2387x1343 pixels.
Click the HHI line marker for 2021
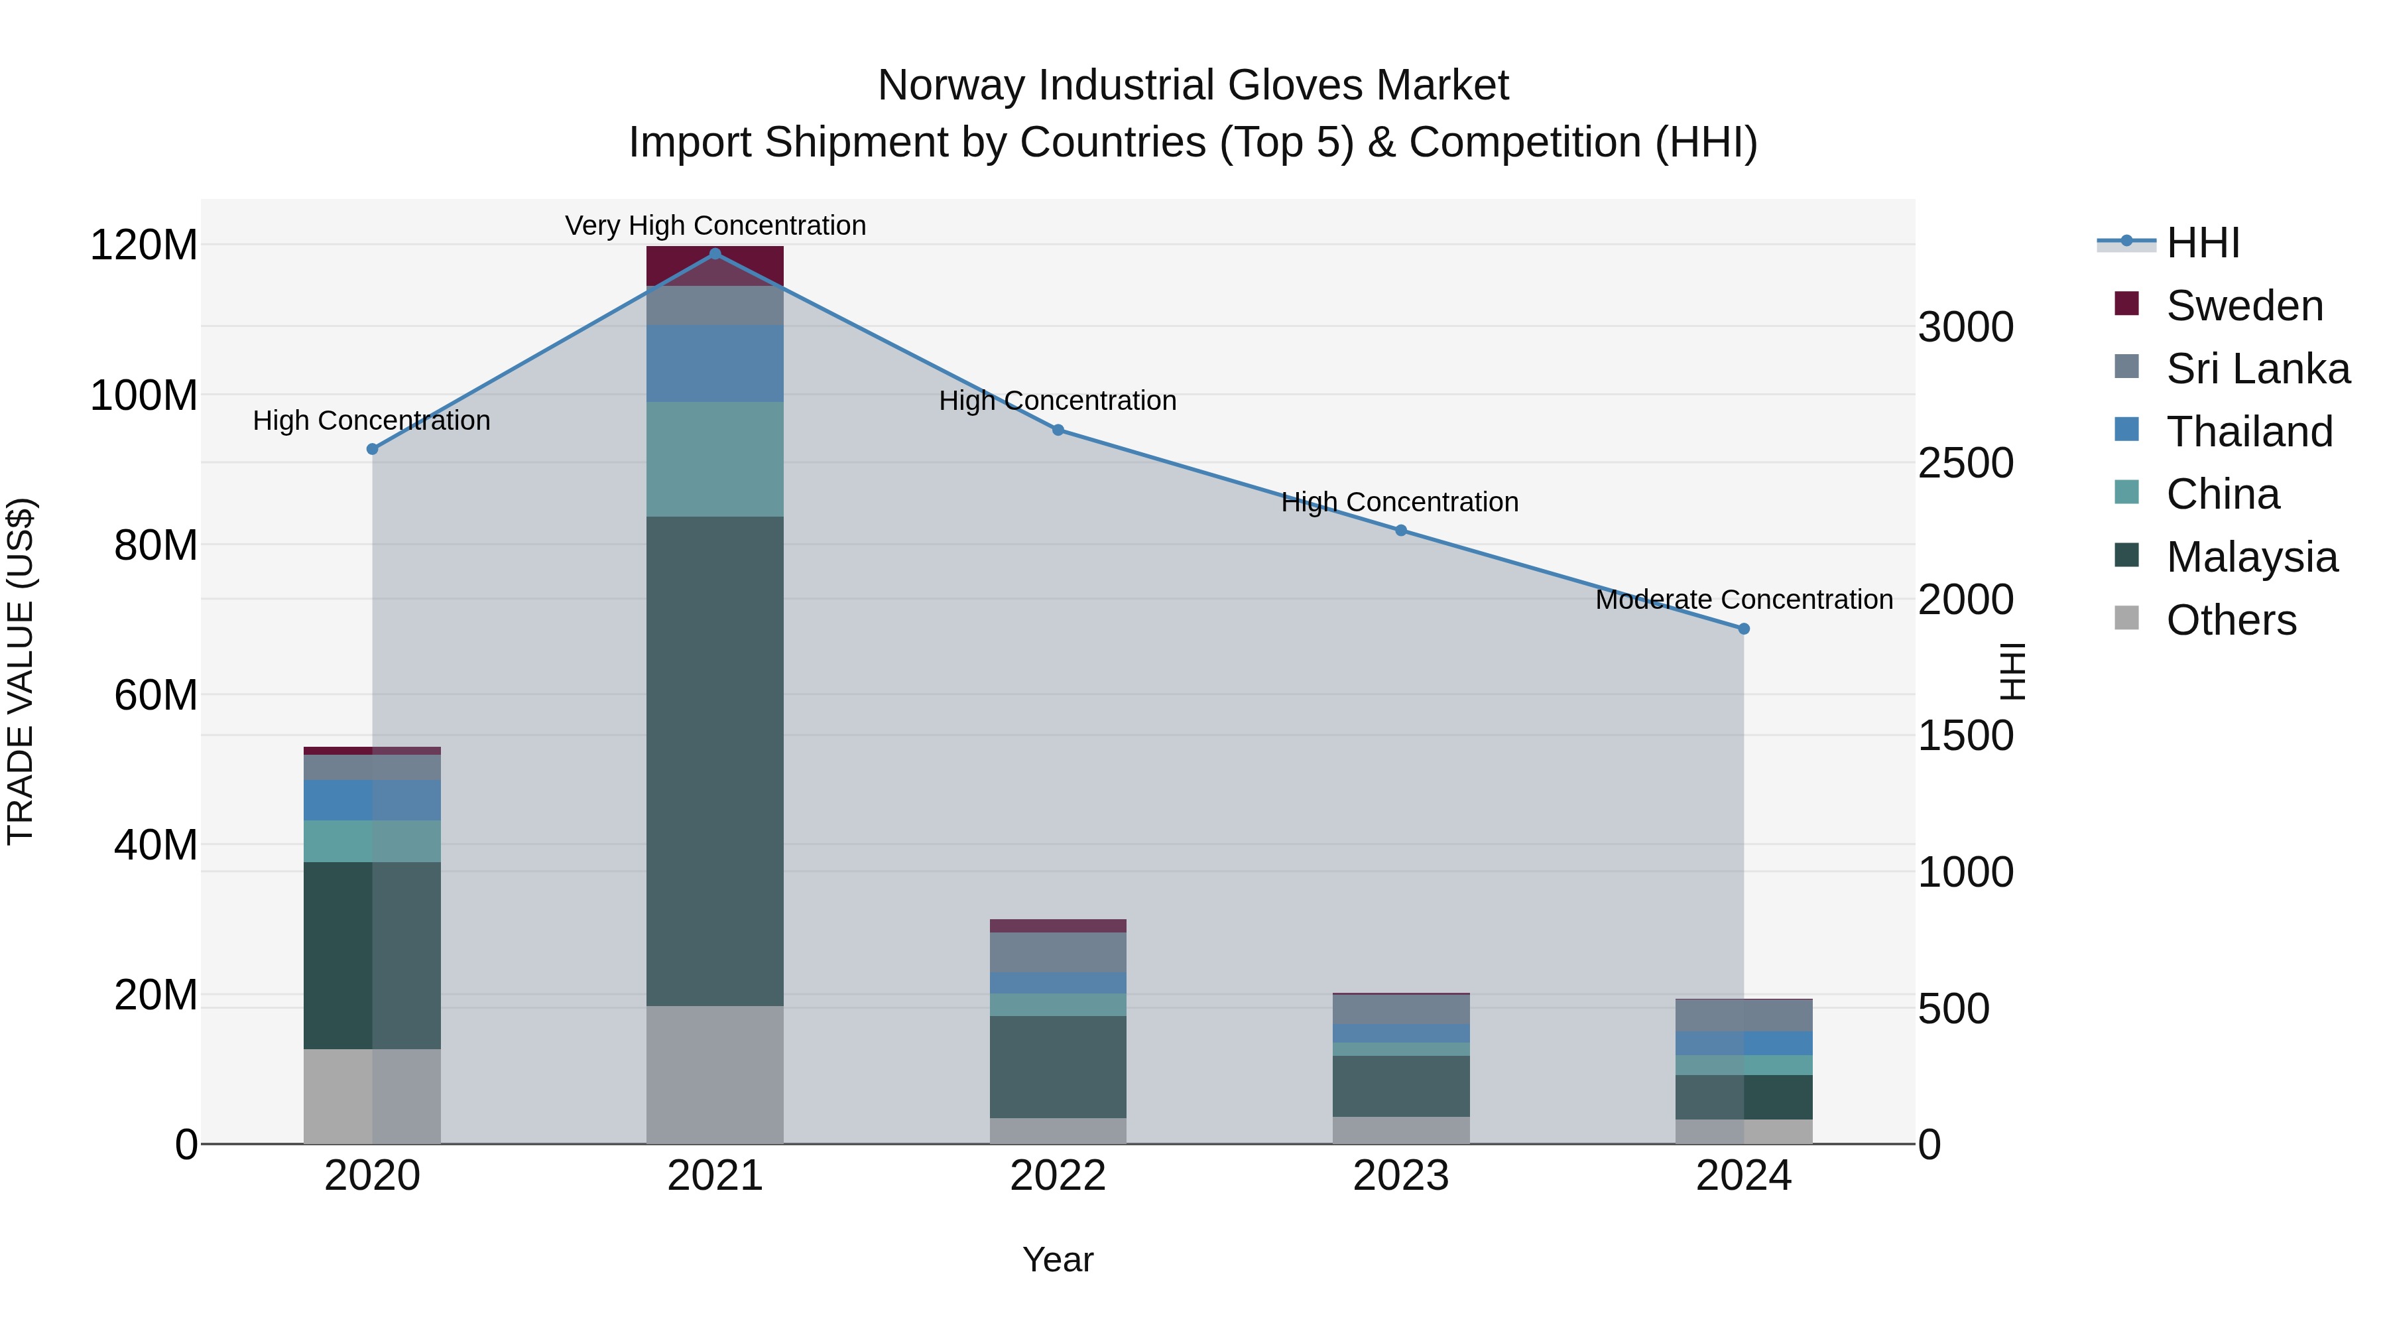(714, 253)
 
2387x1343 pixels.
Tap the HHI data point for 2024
(1743, 629)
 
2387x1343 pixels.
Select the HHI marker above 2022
(1058, 430)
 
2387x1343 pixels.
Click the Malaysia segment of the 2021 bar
(714, 760)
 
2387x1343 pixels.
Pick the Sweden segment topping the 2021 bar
(714, 266)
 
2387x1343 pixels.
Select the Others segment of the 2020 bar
(371, 1096)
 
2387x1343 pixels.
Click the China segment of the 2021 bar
(714, 459)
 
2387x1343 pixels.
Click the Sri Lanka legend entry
(2257, 369)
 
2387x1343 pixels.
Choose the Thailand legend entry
(2249, 432)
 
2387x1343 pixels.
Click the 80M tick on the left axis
(154, 545)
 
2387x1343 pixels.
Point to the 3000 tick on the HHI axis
(1965, 327)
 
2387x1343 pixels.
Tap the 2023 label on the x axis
(1400, 1176)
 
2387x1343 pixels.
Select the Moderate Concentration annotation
(1743, 600)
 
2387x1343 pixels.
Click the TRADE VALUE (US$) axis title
(21, 671)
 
